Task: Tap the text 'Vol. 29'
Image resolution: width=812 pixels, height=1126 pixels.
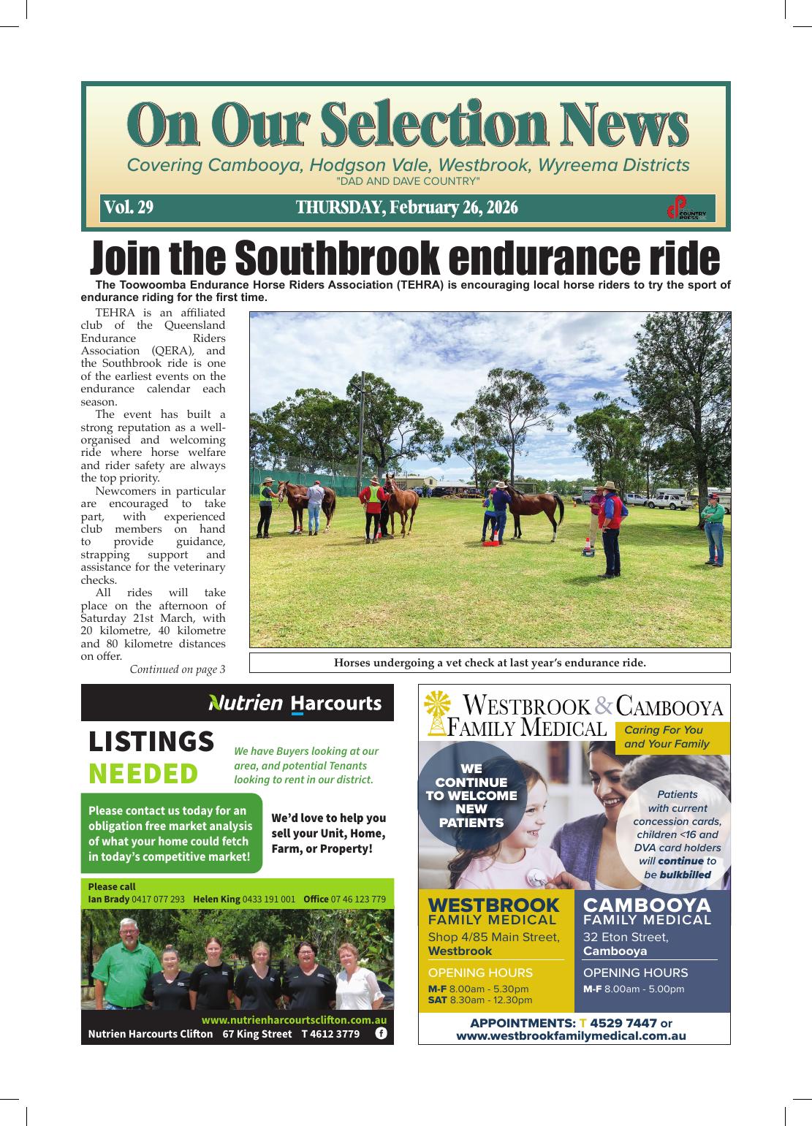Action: (x=129, y=208)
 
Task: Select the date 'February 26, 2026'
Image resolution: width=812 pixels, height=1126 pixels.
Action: (x=453, y=208)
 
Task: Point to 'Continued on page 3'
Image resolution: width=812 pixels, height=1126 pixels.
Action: (x=178, y=669)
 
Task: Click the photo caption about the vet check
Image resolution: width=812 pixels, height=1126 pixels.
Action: (x=490, y=663)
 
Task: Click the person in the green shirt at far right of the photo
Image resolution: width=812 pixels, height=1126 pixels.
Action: (x=713, y=533)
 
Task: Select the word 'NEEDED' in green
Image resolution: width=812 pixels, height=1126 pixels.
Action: (x=143, y=773)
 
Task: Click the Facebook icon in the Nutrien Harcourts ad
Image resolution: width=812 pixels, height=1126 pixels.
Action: (x=381, y=1033)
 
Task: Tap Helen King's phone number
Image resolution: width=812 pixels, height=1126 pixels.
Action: (x=268, y=899)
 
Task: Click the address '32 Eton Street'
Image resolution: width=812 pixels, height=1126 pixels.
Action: (x=625, y=937)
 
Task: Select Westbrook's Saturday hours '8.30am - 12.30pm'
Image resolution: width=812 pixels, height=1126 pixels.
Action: (x=490, y=1000)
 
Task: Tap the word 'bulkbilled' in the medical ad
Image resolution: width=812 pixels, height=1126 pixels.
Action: (x=685, y=875)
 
